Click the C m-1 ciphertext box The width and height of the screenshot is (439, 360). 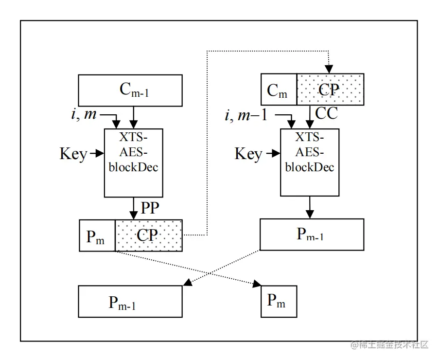[130, 90]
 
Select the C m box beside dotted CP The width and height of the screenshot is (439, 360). [279, 90]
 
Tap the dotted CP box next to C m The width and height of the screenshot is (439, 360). [330, 90]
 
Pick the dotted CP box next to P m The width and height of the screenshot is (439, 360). [148, 235]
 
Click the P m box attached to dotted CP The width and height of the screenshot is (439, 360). [97, 235]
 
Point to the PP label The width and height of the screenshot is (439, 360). [150, 208]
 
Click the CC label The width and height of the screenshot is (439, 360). [326, 113]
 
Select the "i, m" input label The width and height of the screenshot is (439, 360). [84, 114]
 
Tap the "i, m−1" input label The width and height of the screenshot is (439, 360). [246, 116]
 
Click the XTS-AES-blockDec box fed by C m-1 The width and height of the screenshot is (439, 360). [134, 162]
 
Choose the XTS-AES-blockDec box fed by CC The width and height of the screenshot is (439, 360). [310, 162]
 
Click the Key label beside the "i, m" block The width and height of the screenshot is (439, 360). [73, 154]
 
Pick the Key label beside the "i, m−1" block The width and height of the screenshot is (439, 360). [248, 154]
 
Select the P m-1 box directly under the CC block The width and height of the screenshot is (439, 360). [312, 234]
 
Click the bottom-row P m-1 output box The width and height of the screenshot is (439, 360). [130, 302]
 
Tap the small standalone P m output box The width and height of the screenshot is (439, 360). [279, 301]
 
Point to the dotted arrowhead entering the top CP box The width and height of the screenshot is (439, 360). [329, 69]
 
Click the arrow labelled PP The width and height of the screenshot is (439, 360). [134, 208]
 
